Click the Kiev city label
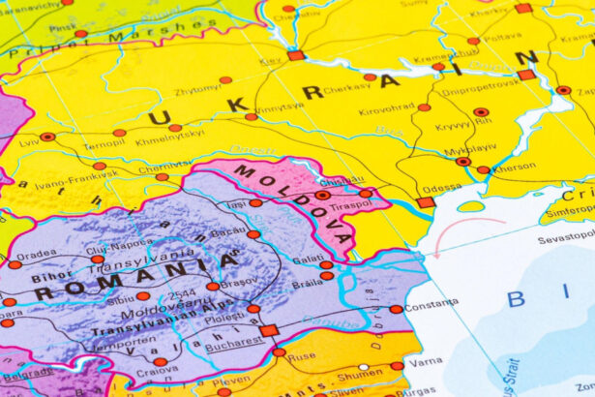click(271, 61)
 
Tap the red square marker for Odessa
click(425, 202)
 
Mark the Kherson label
click(514, 166)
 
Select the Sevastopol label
click(566, 236)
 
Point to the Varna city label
click(426, 361)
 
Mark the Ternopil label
click(104, 144)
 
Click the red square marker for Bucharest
click(268, 330)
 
